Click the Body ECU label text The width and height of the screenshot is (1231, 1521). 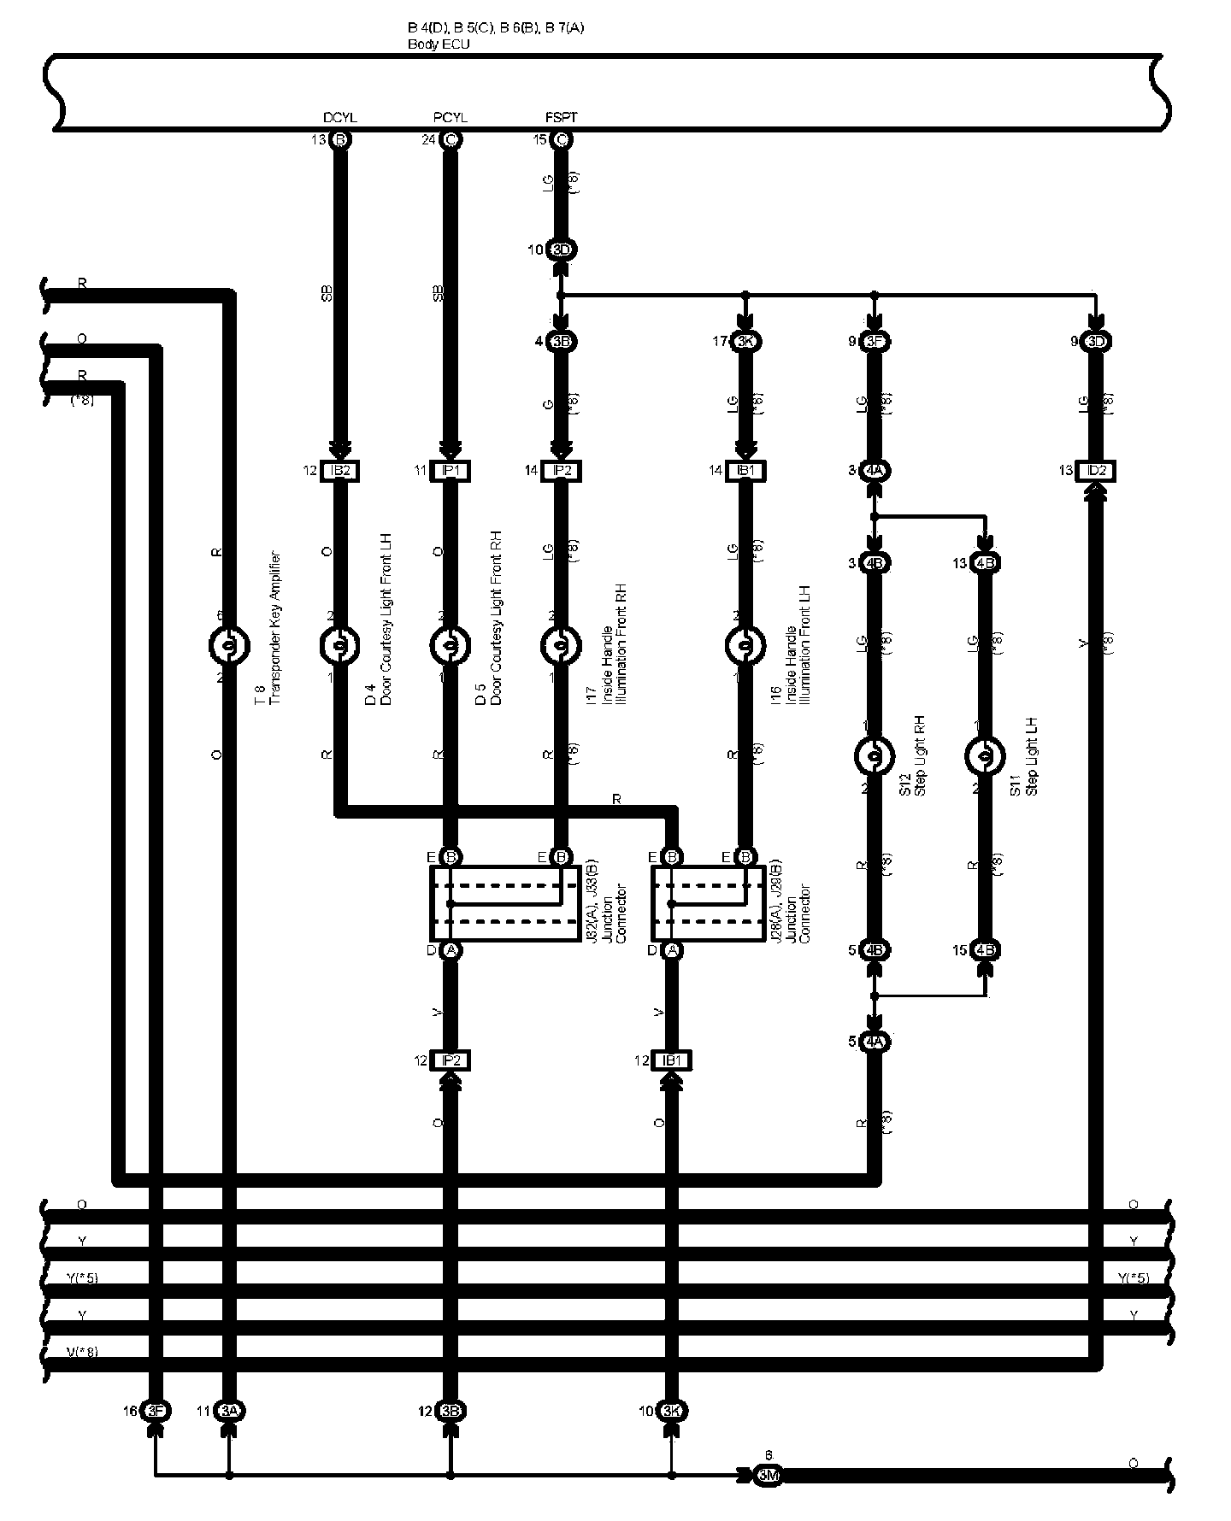click(x=439, y=44)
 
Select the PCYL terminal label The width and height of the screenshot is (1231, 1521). click(x=451, y=118)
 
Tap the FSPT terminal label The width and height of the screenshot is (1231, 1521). click(x=561, y=118)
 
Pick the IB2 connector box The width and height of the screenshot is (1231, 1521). click(x=340, y=471)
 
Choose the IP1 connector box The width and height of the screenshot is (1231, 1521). click(x=451, y=471)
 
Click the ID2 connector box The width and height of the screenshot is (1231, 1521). click(x=1096, y=471)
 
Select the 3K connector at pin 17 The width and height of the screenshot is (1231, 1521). click(x=745, y=342)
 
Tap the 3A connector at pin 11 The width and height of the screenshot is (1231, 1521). click(x=228, y=1411)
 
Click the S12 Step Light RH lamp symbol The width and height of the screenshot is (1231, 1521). click(x=874, y=755)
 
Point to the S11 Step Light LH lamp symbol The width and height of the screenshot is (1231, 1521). click(x=984, y=755)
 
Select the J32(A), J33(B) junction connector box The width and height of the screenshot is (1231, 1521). click(x=504, y=904)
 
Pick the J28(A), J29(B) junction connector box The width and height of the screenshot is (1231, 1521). click(x=709, y=904)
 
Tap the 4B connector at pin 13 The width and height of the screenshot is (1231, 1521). click(x=985, y=563)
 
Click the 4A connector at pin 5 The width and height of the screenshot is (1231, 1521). click(x=874, y=1042)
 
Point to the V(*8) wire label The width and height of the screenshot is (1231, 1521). click(x=82, y=1352)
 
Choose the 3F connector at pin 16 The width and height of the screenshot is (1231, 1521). click(x=156, y=1411)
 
